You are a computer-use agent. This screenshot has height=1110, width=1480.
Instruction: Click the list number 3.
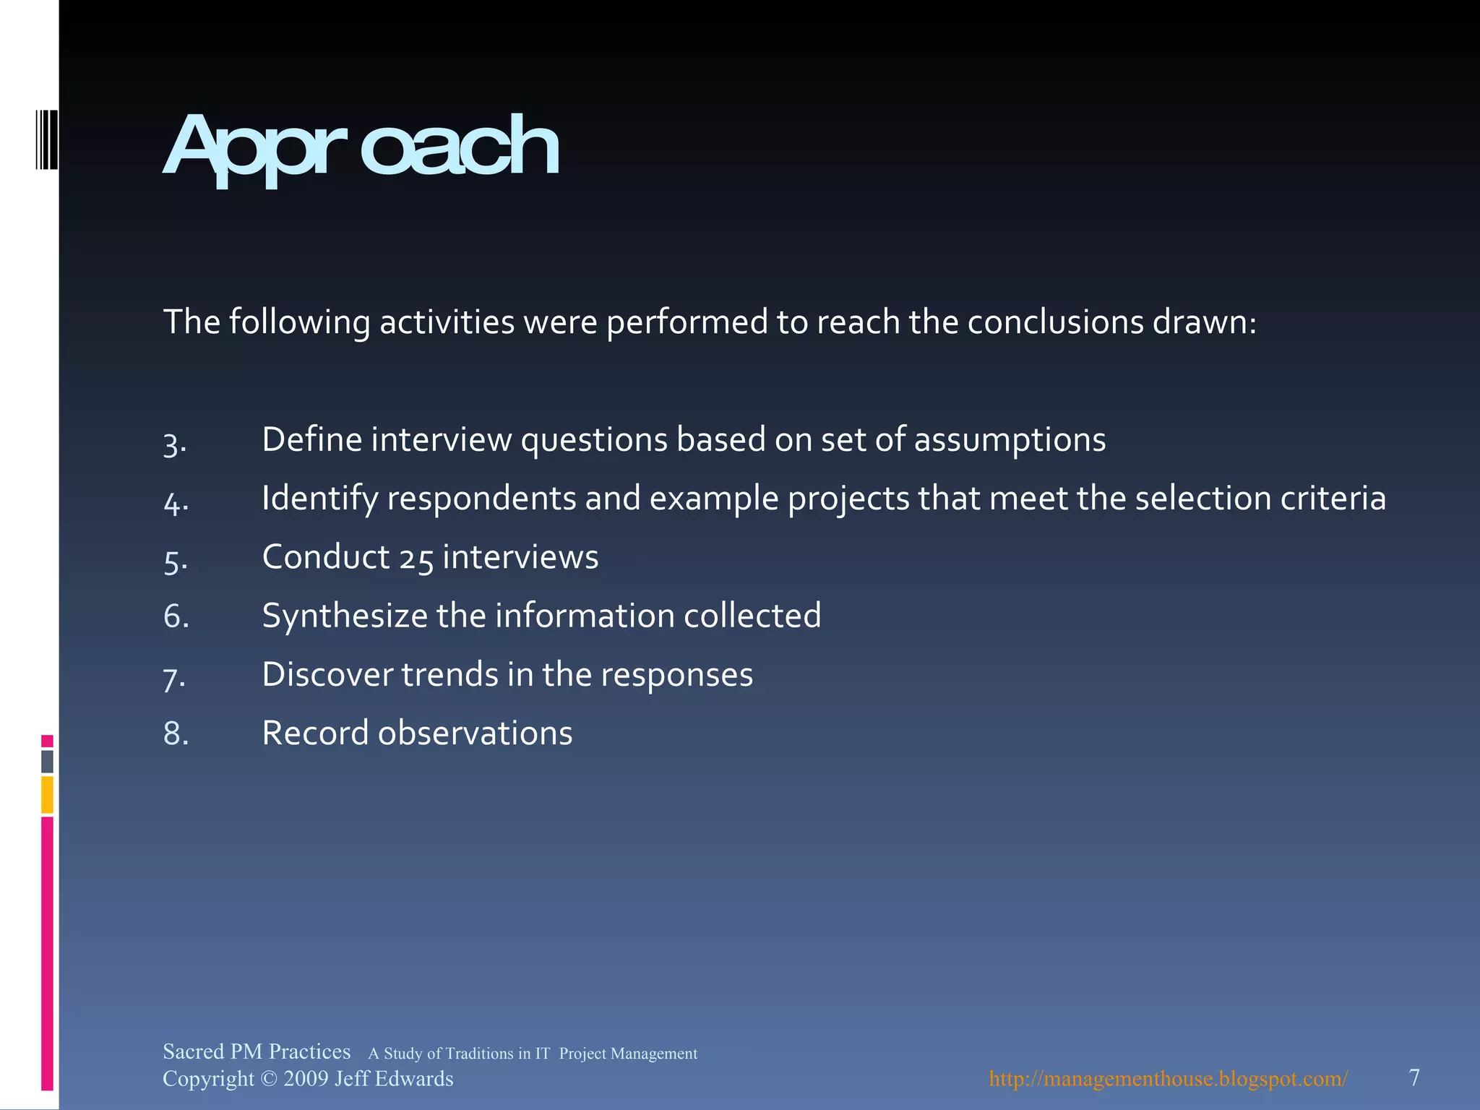[x=174, y=443]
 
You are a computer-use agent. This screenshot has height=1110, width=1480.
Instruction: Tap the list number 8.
[x=176, y=733]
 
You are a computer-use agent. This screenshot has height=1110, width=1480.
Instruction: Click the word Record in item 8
[x=315, y=733]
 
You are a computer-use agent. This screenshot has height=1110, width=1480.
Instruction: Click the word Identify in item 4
[x=319, y=499]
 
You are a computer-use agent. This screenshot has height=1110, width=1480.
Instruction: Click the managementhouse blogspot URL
[x=1168, y=1079]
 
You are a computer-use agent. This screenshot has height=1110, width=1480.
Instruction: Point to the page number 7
[x=1414, y=1077]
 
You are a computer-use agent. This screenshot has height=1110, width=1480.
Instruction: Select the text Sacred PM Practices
[x=257, y=1051]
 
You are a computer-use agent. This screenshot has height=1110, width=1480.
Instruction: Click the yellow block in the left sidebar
[x=47, y=794]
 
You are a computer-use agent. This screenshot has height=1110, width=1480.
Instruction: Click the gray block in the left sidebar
[x=47, y=761]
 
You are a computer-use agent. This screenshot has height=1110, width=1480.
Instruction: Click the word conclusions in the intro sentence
[x=1055, y=322]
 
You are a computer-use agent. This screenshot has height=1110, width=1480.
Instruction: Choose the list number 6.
[x=176, y=616]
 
